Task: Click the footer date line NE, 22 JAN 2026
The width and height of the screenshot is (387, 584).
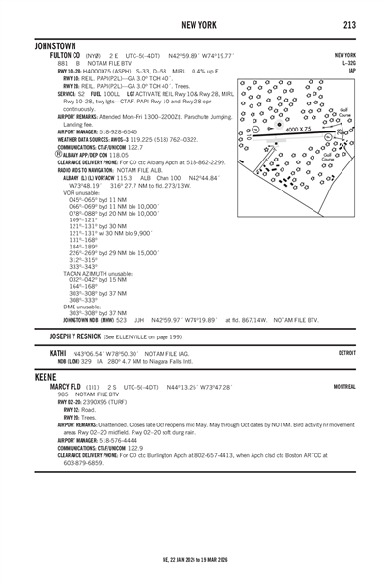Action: (193, 558)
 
